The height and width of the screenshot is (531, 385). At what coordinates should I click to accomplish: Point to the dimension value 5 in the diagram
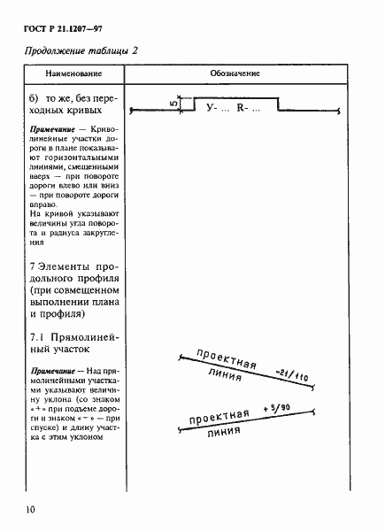pos(174,104)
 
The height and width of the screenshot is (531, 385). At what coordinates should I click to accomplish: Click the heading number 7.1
pos(36,338)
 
